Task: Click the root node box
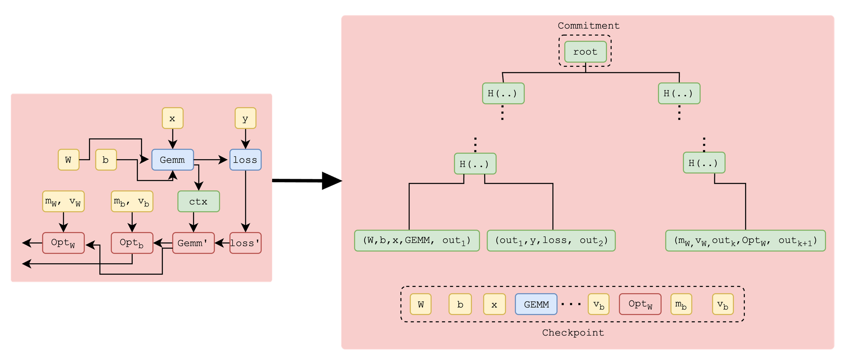[585, 52]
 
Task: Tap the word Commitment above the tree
[588, 26]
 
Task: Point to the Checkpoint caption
[573, 333]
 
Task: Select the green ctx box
[198, 202]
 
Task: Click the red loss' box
[245, 243]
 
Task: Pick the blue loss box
[245, 160]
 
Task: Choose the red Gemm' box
[193, 243]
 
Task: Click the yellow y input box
[245, 118]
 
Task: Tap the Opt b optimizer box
[132, 243]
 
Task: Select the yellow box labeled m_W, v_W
[63, 202]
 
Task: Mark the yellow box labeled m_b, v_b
[132, 202]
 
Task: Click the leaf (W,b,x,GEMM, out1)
[417, 240]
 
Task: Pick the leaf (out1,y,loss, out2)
[551, 240]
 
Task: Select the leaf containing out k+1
[745, 240]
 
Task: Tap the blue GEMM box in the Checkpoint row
[536, 304]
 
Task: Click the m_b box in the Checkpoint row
[681, 304]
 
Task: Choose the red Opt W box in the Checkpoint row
[640, 304]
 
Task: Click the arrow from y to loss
[245, 139]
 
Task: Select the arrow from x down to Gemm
[172, 139]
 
